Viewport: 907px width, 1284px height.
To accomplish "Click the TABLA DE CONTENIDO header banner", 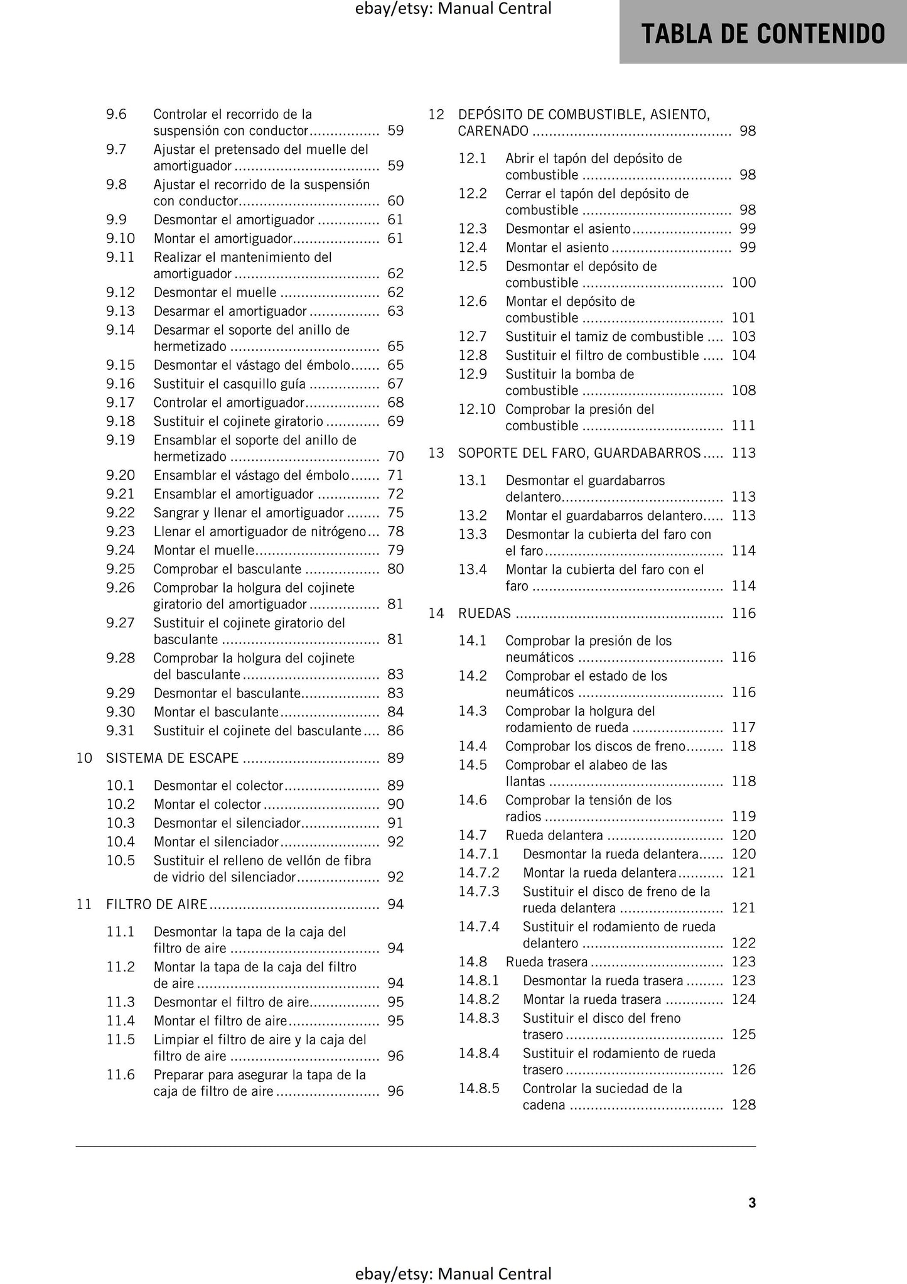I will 763,33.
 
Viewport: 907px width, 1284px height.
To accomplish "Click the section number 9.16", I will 121,384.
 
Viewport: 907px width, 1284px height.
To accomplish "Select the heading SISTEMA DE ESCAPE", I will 173,758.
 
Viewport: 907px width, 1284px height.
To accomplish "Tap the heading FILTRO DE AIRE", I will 157,904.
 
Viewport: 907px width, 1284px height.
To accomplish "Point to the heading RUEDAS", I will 485,613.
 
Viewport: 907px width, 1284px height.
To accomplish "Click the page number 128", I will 744,1104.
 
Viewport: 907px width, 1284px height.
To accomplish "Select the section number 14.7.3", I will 478,892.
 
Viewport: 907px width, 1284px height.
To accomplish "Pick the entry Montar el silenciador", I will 216,841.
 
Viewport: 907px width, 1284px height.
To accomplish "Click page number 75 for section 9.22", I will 395,512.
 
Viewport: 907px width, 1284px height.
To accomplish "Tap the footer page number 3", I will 752,1202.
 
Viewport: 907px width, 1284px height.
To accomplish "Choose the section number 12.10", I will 476,409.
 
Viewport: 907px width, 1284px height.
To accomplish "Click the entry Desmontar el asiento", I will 568,229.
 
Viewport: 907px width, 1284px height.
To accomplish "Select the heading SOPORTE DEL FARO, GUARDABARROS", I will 579,453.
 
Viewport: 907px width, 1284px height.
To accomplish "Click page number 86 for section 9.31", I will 395,730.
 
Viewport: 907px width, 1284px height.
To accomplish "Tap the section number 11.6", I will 121,1074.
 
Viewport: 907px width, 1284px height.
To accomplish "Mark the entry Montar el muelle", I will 204,550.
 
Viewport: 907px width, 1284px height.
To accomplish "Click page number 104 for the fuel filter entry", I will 744,355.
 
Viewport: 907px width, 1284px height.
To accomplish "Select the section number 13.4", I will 473,569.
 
